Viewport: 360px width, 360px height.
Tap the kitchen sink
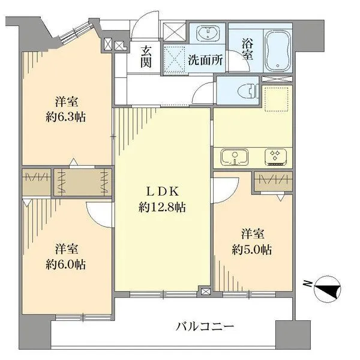(x=235, y=157)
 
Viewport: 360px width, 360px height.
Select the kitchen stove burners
(x=276, y=157)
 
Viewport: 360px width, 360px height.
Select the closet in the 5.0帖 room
(x=273, y=181)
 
